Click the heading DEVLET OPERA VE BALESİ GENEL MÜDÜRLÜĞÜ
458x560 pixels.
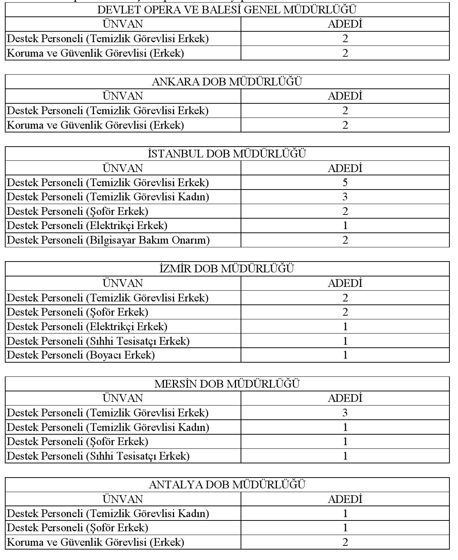(x=227, y=10)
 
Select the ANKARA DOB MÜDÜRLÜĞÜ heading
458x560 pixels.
(x=227, y=82)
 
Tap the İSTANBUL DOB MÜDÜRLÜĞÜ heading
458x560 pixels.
(x=227, y=154)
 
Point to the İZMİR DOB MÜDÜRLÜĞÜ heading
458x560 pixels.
(x=227, y=269)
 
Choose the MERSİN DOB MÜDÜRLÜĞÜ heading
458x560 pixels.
(x=227, y=384)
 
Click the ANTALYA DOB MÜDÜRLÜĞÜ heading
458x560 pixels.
(x=227, y=485)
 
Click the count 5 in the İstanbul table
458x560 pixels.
(x=345, y=182)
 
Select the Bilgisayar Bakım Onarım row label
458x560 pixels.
(x=108, y=240)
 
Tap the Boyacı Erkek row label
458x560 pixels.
(x=81, y=355)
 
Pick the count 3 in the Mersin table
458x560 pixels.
(x=345, y=413)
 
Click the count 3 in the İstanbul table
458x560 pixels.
(x=345, y=197)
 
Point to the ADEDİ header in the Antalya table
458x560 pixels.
(x=345, y=499)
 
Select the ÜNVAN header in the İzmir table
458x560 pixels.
(x=123, y=283)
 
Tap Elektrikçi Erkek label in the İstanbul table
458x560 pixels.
(x=87, y=226)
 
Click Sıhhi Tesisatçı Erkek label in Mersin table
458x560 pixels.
(x=98, y=456)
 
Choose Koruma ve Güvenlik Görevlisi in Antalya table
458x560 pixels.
(x=96, y=542)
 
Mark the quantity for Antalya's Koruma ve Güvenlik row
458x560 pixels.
(x=345, y=542)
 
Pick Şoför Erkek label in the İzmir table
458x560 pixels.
(x=78, y=312)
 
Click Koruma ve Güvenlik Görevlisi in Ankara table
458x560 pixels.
(x=96, y=125)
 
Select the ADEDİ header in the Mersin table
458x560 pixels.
(x=345, y=398)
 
